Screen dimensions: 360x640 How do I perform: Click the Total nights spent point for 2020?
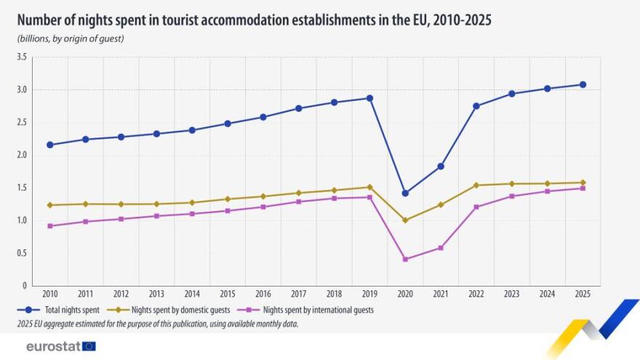pyautogui.click(x=405, y=193)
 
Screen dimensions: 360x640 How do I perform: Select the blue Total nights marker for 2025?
pyautogui.click(x=583, y=84)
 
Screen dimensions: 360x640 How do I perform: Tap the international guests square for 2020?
pyautogui.click(x=405, y=259)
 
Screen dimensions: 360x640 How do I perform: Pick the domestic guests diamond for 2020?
pyautogui.click(x=405, y=220)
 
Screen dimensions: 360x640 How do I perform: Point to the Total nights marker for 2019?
pyautogui.click(x=369, y=98)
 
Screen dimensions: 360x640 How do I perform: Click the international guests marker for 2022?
pyautogui.click(x=476, y=207)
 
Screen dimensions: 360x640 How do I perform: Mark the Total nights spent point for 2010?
pyautogui.click(x=49, y=145)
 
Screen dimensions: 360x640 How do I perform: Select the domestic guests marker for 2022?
pyautogui.click(x=476, y=185)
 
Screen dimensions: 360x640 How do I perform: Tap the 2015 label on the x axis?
pyautogui.click(x=227, y=295)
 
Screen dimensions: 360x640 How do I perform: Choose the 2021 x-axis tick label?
pyautogui.click(x=441, y=295)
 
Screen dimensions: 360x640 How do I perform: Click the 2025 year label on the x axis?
pyautogui.click(x=583, y=295)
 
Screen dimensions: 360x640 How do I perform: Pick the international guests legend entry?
pyautogui.click(x=313, y=310)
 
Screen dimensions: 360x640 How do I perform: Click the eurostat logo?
pyautogui.click(x=60, y=346)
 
